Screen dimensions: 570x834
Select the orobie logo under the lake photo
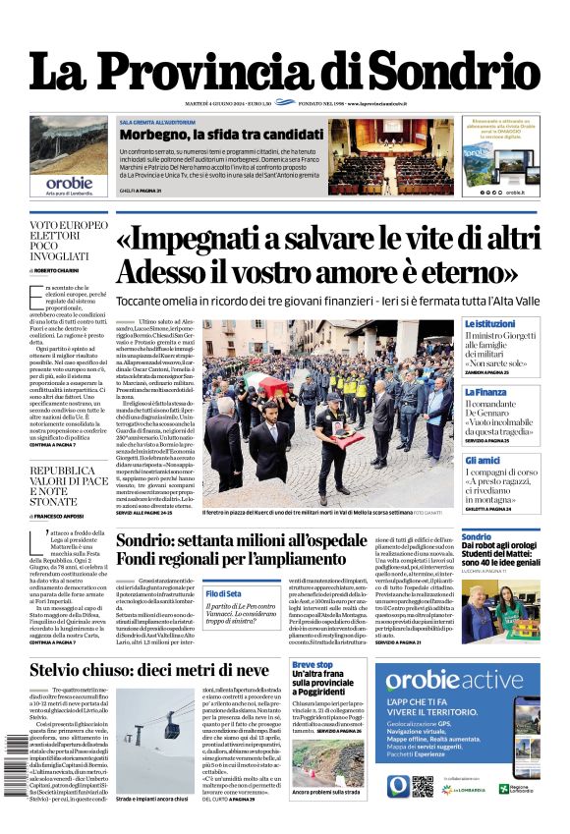[69, 183]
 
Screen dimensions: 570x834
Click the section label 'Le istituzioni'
[490, 323]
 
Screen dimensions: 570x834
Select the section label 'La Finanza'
[486, 391]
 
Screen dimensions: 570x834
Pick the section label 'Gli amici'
[484, 460]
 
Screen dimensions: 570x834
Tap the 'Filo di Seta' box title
[224, 593]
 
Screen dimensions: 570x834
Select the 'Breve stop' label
[313, 665]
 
